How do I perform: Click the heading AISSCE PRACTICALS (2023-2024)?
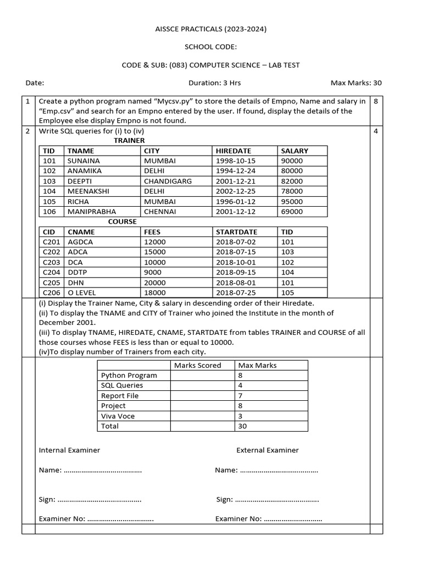click(210, 29)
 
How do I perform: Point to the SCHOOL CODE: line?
click(210, 47)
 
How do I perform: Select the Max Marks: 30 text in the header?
click(356, 83)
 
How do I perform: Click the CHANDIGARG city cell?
click(168, 181)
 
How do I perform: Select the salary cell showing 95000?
click(292, 201)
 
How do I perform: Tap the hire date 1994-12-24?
click(236, 171)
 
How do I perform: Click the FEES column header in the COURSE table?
click(152, 232)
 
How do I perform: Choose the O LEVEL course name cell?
click(82, 292)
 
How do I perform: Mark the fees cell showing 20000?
click(154, 283)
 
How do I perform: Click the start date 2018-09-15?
click(236, 272)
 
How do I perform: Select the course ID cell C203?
click(51, 262)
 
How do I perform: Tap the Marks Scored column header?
click(197, 365)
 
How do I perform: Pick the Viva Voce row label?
click(118, 416)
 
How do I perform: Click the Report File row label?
click(120, 396)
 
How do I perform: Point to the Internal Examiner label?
click(69, 450)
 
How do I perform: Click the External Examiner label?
click(267, 450)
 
